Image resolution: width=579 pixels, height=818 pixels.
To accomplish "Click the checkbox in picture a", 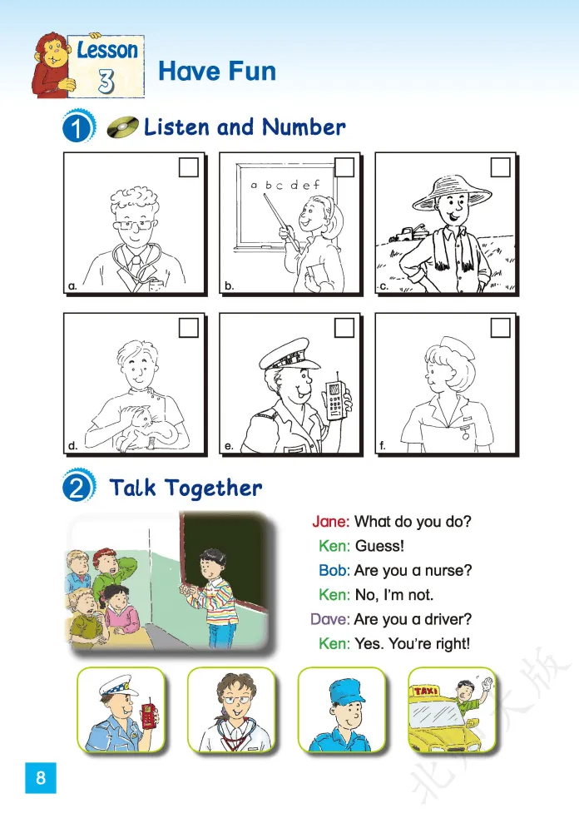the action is pyautogui.click(x=188, y=167).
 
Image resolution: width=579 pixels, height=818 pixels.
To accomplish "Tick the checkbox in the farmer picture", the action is pyautogui.click(x=500, y=167).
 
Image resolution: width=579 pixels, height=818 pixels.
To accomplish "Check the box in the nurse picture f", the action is pyautogui.click(x=500, y=328).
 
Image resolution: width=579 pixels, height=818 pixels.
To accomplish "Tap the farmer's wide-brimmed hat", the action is pyautogui.click(x=452, y=191).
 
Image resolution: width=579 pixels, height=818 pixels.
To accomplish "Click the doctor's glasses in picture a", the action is pyautogui.click(x=135, y=226).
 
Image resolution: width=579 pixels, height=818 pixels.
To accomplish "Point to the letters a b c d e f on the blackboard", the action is pyautogui.click(x=285, y=185).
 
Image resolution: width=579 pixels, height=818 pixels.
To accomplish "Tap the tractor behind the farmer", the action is pyautogui.click(x=408, y=233).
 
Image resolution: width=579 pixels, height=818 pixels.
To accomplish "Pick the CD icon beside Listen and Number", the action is pyautogui.click(x=122, y=127).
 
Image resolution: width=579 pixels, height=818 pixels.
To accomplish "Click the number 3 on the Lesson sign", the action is pyautogui.click(x=106, y=82).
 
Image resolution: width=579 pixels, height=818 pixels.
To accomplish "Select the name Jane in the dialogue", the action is pyautogui.click(x=331, y=521).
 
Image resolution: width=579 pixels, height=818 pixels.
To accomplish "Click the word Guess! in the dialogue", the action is pyautogui.click(x=379, y=546).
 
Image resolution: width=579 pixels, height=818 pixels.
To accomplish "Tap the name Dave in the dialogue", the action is pyautogui.click(x=330, y=619).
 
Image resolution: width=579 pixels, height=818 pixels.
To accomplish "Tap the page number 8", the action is pyautogui.click(x=41, y=778).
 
